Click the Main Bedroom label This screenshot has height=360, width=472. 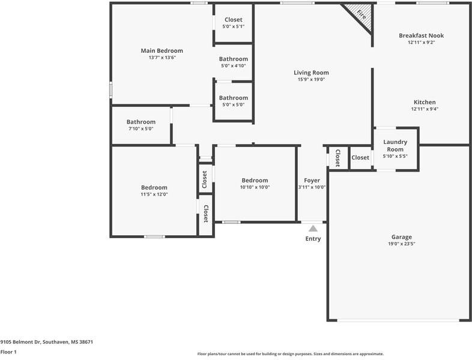coord(162,51)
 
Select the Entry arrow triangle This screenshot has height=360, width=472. coord(313,228)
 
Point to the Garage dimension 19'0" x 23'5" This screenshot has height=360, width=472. coord(402,244)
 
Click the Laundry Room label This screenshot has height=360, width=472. coord(395,146)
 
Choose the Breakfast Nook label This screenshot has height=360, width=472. coord(421,35)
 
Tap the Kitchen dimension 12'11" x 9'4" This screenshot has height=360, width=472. coord(424,109)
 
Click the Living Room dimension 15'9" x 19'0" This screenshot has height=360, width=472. coord(311,79)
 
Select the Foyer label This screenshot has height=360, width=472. coord(312,180)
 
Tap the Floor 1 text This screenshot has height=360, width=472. coord(8,352)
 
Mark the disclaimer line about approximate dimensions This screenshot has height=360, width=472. coord(290,354)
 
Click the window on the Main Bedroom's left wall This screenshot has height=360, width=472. coord(110,89)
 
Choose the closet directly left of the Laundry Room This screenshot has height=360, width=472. coord(360,158)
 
